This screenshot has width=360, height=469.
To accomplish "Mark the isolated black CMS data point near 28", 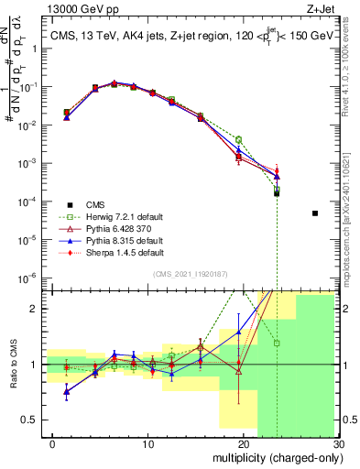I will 315,213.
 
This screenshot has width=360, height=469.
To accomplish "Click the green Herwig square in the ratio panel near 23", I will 277,344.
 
